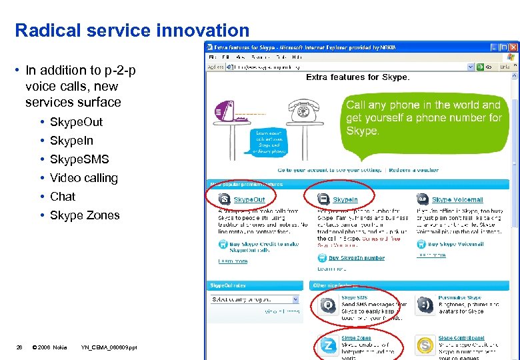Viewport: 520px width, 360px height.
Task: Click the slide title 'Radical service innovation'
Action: [132, 30]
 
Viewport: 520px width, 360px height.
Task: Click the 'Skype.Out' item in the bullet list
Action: [76, 122]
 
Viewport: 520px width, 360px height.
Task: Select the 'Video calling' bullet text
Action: [83, 178]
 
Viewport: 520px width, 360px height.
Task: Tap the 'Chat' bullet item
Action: [63, 197]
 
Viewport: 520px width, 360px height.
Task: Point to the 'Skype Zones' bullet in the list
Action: [85, 215]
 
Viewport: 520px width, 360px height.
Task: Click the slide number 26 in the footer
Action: [19, 347]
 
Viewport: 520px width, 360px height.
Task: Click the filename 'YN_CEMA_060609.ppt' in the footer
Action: [109, 347]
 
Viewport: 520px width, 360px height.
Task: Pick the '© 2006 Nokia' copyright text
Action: [50, 347]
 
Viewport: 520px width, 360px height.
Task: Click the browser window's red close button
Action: [513, 47]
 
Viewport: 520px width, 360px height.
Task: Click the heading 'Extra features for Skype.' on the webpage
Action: [357, 77]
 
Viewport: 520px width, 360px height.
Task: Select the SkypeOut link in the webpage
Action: [249, 200]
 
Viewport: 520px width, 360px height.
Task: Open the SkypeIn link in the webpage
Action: [345, 200]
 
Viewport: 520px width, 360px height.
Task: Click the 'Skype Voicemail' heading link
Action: [457, 200]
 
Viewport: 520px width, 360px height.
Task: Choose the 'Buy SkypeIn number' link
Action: [357, 258]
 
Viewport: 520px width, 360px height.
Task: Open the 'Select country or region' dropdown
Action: [255, 299]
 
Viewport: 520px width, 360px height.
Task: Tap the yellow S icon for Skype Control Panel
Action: [425, 345]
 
